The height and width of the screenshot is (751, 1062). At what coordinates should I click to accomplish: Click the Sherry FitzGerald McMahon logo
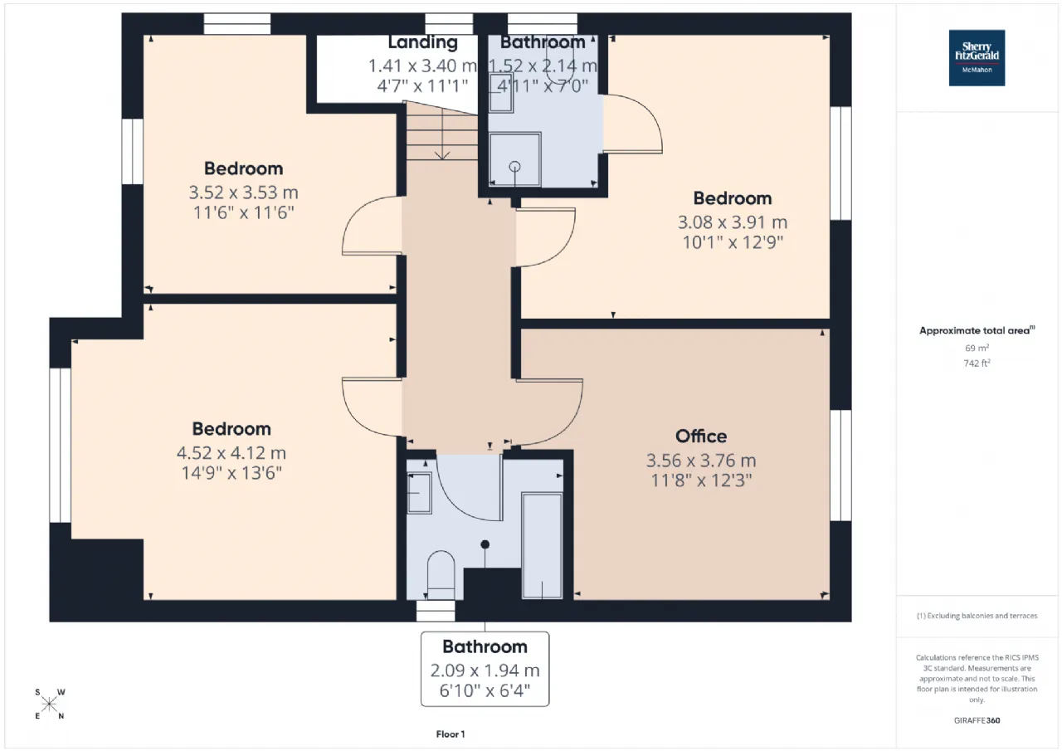977,58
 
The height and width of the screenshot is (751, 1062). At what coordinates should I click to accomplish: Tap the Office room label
701,436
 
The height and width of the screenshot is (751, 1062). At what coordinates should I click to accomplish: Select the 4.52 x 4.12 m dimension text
231,453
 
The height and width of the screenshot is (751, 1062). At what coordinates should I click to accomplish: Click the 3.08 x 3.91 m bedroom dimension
733,222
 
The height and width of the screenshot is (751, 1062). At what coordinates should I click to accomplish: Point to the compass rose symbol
49,704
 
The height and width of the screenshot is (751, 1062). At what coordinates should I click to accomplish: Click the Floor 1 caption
451,734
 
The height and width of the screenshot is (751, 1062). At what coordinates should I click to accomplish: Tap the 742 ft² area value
977,363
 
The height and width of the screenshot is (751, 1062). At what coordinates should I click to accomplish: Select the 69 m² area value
977,348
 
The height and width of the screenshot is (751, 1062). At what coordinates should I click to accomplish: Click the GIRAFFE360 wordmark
977,720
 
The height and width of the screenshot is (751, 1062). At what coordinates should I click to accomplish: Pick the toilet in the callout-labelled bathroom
441,575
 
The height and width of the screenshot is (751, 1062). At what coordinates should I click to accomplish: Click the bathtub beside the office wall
542,545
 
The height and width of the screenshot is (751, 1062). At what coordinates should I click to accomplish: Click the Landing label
423,42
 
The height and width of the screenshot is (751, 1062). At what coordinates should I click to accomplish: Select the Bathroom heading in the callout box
485,646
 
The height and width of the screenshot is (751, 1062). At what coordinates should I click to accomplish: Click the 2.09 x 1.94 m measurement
485,671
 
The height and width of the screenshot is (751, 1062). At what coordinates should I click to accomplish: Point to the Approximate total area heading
977,330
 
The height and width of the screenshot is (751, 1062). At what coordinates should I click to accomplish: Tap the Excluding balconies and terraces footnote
977,616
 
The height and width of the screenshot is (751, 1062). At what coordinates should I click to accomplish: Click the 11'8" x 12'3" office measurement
701,480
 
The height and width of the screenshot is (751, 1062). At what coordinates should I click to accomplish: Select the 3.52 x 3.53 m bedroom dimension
243,192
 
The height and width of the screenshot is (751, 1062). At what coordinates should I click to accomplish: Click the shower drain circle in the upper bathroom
514,167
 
